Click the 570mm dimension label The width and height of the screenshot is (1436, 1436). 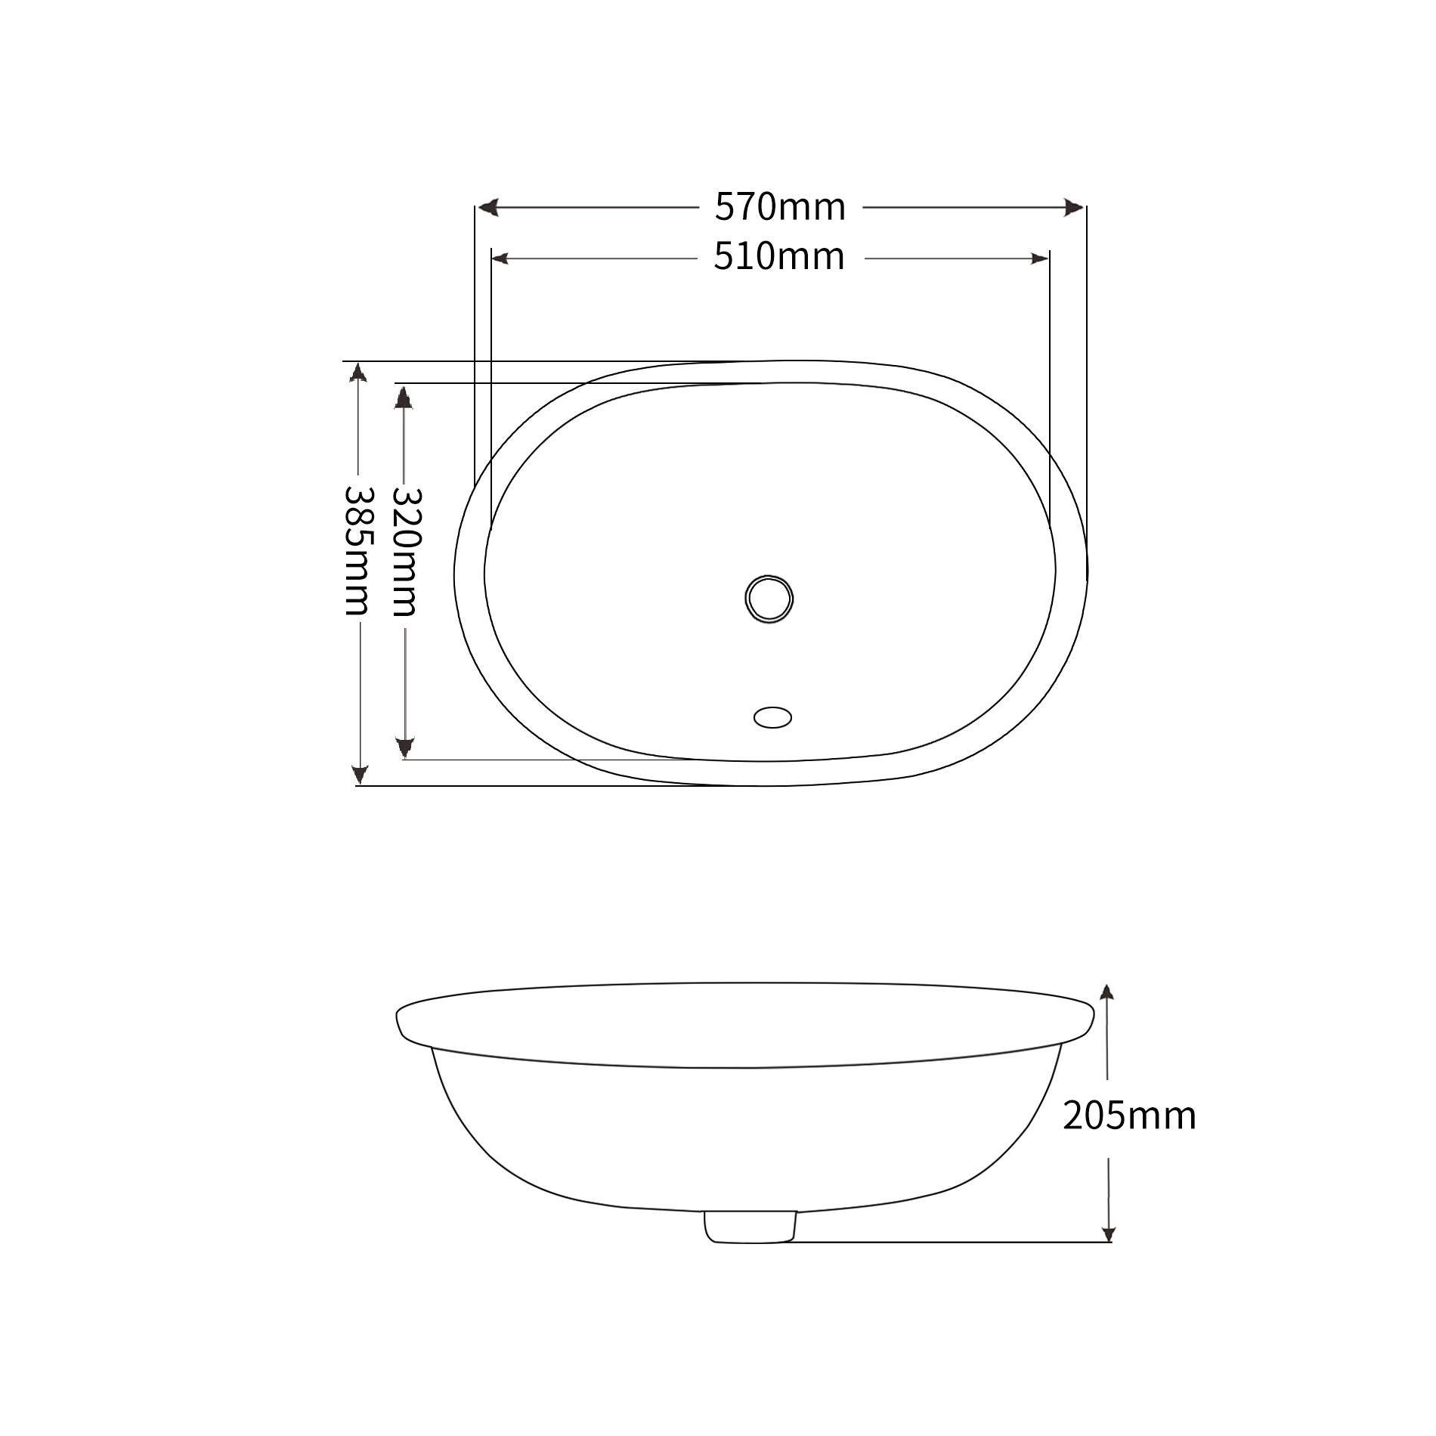[780, 207]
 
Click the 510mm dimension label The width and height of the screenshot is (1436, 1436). [779, 258]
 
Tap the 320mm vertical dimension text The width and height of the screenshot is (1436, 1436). [404, 551]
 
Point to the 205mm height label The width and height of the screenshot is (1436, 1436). [1129, 1116]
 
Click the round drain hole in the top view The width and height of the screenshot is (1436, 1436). [769, 599]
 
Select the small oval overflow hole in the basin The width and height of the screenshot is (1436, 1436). [772, 716]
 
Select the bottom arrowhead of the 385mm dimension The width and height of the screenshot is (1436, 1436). [360, 774]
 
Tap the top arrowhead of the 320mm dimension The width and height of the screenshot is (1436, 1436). [404, 397]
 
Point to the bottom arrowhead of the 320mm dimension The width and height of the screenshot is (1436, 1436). [405, 748]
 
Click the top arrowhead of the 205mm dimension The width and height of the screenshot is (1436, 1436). [1107, 994]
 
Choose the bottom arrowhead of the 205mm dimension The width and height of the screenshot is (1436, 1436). [1108, 1232]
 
